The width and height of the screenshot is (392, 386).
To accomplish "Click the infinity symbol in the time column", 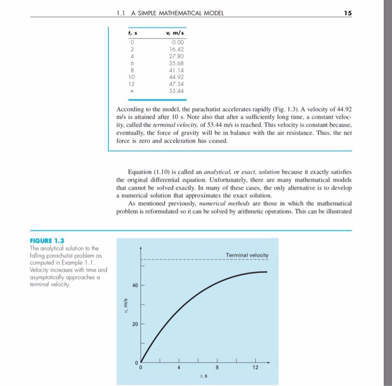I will tap(132, 90).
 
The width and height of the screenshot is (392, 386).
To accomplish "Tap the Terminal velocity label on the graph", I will tap(247, 255).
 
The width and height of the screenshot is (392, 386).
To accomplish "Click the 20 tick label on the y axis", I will tap(134, 325).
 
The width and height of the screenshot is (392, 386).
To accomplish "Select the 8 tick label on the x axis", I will tap(217, 368).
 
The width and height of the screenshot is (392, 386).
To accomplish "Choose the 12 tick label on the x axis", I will tap(255, 368).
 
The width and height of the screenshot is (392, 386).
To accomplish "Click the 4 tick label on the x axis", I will tap(179, 368).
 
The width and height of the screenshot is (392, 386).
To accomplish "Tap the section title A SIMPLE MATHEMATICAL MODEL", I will tap(176, 13).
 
